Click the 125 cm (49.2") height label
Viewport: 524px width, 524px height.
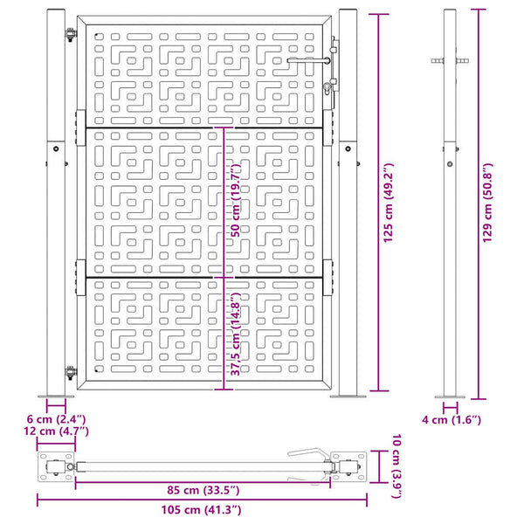pyautogui.click(x=389, y=203)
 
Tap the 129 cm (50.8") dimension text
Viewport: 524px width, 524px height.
pyautogui.click(x=487, y=203)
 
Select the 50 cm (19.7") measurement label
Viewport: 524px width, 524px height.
pyautogui.click(x=236, y=200)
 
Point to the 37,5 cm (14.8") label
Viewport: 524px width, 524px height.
pyautogui.click(x=236, y=334)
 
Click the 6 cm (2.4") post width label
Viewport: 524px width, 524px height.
pyautogui.click(x=56, y=419)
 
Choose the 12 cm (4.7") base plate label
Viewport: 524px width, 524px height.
pyautogui.click(x=56, y=431)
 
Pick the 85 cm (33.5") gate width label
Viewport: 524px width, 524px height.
pyautogui.click(x=203, y=490)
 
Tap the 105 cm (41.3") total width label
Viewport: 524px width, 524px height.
pyautogui.click(x=201, y=510)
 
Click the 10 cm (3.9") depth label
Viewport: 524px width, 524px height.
pyautogui.click(x=396, y=466)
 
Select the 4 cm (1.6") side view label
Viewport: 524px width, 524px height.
pyautogui.click(x=452, y=420)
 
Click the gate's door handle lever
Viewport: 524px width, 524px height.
pyautogui.click(x=308, y=60)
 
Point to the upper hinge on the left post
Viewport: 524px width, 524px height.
pyautogui.click(x=71, y=34)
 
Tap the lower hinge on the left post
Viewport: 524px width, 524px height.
pyautogui.click(x=71, y=373)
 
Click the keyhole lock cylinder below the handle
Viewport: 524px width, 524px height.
pyautogui.click(x=327, y=88)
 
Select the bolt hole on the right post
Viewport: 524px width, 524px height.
pyautogui.click(x=348, y=148)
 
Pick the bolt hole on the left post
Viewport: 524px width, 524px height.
pyautogui.click(x=56, y=148)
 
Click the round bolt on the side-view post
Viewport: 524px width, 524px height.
pyautogui.click(x=450, y=164)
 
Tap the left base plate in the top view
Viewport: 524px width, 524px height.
pyautogui.click(x=56, y=466)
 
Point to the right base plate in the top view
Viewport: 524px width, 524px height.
pyautogui.click(x=348, y=466)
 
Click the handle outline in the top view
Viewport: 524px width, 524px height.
pyautogui.click(x=308, y=455)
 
